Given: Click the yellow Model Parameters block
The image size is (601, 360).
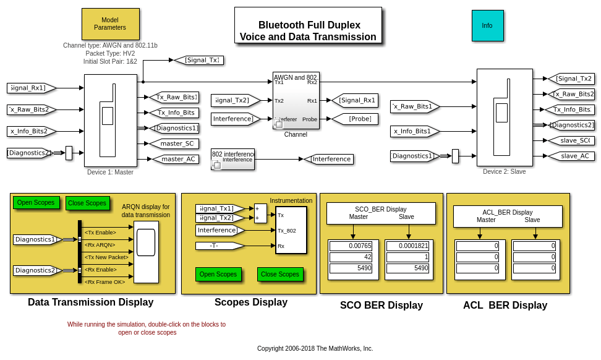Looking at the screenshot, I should click(110, 24).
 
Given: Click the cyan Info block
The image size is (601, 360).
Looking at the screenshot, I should click(487, 25).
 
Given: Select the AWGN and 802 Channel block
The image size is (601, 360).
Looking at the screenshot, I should click(296, 100).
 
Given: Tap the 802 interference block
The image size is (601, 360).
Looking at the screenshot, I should click(232, 159).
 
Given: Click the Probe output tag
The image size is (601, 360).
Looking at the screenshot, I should click(355, 119).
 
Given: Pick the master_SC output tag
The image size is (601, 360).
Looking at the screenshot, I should click(175, 144).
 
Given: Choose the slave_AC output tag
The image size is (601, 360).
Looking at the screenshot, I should click(573, 156).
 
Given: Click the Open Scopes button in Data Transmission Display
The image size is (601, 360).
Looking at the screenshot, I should click(36, 202).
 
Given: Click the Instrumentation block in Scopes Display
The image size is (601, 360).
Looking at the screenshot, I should click(291, 230).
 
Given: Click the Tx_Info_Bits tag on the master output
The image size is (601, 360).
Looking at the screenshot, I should click(176, 113).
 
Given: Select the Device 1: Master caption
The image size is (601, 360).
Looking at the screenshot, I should click(110, 172).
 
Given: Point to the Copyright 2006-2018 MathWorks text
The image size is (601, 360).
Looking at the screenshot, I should click(315, 348).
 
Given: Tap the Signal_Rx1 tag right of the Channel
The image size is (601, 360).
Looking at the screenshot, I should click(356, 100).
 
